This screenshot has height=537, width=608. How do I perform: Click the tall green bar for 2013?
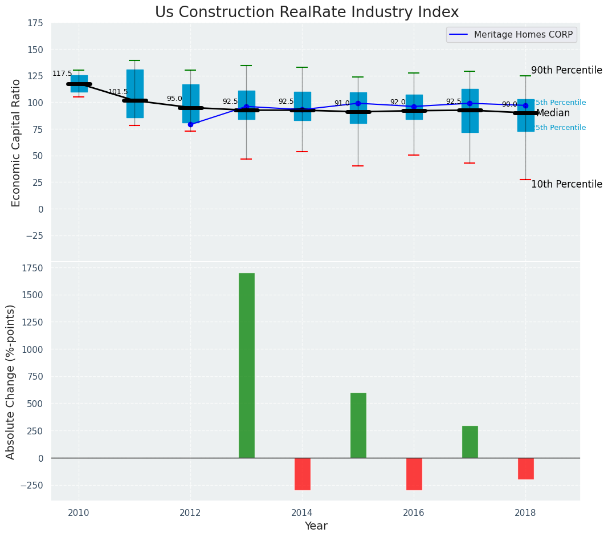(x=246, y=365)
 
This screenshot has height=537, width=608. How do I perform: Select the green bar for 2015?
(x=358, y=425)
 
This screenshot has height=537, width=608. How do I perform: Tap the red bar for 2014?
(x=302, y=474)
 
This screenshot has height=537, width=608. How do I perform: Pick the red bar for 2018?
(x=525, y=468)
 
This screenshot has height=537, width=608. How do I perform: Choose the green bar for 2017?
(x=470, y=441)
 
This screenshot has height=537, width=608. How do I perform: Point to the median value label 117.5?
(x=62, y=74)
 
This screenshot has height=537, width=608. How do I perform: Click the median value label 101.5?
(x=118, y=92)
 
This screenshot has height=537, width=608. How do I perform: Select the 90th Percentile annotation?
(x=566, y=70)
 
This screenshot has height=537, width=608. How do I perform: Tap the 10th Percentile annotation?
(x=566, y=184)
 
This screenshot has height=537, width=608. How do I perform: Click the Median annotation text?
(x=553, y=113)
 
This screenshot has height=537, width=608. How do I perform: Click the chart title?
(x=307, y=12)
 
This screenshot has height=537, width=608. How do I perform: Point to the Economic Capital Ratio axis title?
(x=16, y=143)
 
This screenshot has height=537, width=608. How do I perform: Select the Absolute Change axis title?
(x=11, y=381)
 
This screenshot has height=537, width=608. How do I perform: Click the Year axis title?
(x=316, y=526)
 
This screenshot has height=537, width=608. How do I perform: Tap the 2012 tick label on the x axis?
(x=190, y=513)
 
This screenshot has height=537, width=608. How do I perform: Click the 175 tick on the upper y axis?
(x=35, y=23)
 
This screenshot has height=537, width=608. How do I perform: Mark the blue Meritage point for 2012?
(x=190, y=124)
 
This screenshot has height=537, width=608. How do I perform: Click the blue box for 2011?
(x=134, y=93)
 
